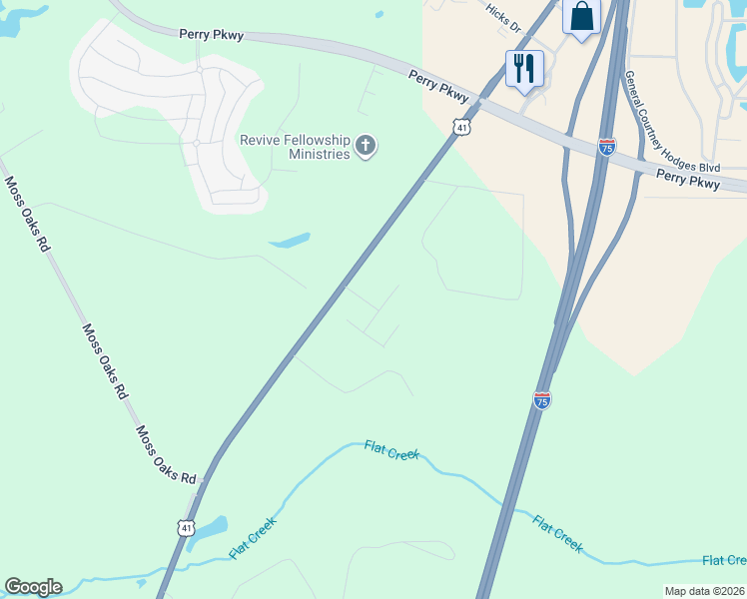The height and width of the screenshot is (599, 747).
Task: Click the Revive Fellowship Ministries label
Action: [x=295, y=147]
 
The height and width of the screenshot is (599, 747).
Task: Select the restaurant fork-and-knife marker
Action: [x=524, y=69]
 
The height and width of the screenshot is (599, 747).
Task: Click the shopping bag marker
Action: [x=581, y=17]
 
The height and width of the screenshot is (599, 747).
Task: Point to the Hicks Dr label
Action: [x=504, y=17]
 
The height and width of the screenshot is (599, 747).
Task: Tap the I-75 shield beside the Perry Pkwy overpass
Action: [x=606, y=147]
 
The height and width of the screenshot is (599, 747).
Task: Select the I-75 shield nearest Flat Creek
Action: [x=541, y=399]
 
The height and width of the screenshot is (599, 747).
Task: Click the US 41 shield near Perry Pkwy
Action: [x=460, y=127]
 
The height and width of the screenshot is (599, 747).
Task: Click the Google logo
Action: [x=33, y=587]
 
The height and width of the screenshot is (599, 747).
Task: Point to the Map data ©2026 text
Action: [x=704, y=591]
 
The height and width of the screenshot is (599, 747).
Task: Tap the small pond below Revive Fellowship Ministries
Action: [x=290, y=241]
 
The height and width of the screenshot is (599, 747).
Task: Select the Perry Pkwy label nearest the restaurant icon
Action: [x=438, y=86]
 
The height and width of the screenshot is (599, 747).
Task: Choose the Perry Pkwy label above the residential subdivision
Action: [x=212, y=34]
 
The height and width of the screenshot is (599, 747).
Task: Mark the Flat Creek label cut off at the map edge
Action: [x=724, y=560]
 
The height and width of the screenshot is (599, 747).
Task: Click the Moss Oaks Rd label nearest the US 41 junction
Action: [x=167, y=456]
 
